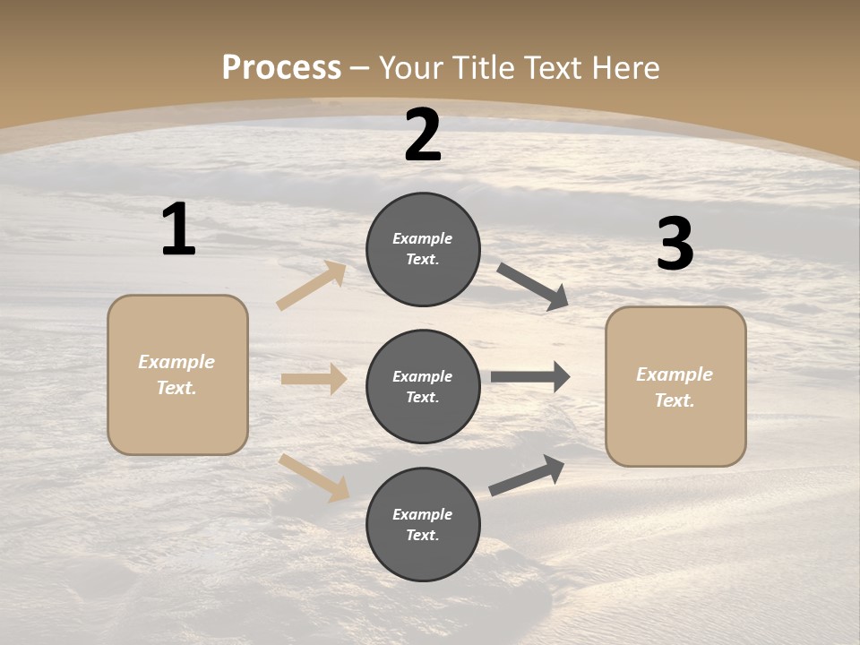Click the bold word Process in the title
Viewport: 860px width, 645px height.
pyautogui.click(x=281, y=68)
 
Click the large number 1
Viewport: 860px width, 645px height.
pyautogui.click(x=178, y=230)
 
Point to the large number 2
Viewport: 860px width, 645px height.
pyautogui.click(x=423, y=135)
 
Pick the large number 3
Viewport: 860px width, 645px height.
pyautogui.click(x=675, y=245)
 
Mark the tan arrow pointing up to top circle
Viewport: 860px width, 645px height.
pyautogui.click(x=312, y=285)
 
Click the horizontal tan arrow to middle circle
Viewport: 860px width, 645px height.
pyautogui.click(x=314, y=379)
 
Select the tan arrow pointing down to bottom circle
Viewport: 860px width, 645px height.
pyautogui.click(x=314, y=477)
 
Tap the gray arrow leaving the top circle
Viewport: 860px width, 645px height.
pyautogui.click(x=533, y=287)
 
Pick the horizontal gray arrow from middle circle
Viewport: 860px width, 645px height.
pyautogui.click(x=530, y=377)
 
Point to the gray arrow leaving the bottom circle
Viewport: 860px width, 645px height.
pyautogui.click(x=527, y=475)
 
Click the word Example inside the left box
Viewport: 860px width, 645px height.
pyautogui.click(x=176, y=362)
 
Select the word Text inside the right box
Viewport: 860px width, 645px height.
pyautogui.click(x=675, y=400)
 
